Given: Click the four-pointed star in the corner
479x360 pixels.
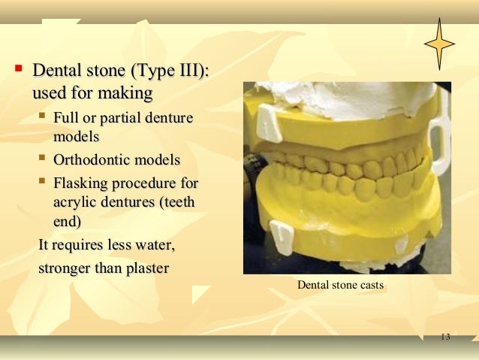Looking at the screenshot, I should click(x=439, y=43).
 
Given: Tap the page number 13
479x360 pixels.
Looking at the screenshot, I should click(x=444, y=336).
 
